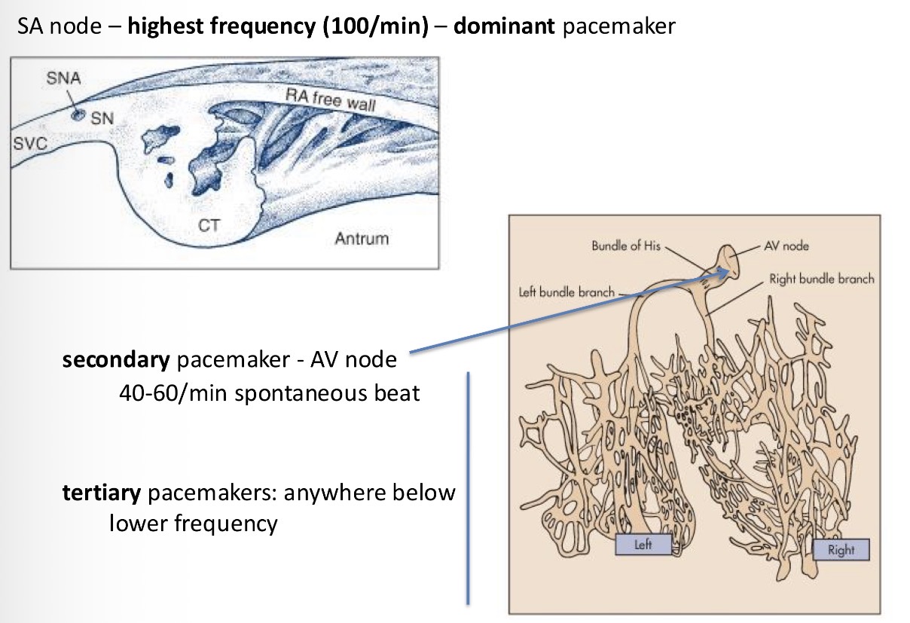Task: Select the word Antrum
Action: pos(362,239)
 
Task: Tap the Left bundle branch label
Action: pos(566,292)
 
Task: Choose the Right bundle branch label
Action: pos(822,279)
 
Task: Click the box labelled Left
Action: pos(643,545)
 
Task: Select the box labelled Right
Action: pos(841,549)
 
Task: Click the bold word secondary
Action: pos(116,360)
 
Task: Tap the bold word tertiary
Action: pos(102,493)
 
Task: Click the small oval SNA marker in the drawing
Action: pos(77,115)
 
